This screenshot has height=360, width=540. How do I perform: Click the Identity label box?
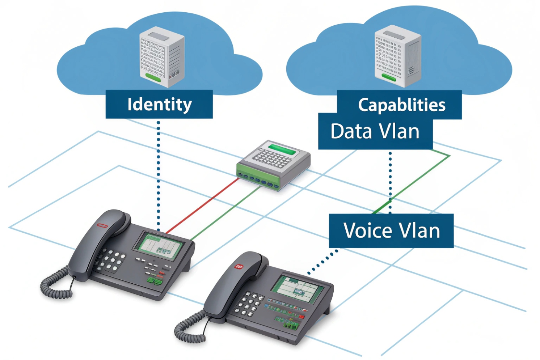pos(159,104)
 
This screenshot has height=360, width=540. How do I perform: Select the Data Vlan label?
pos(375,132)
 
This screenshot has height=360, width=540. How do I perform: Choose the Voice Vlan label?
pos(391,231)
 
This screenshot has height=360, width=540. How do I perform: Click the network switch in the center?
pos(273,165)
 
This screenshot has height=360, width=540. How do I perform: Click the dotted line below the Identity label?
pos(159,174)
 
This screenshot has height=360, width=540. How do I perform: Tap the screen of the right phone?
pos(298,288)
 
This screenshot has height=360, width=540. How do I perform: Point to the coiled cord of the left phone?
pos(54,286)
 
